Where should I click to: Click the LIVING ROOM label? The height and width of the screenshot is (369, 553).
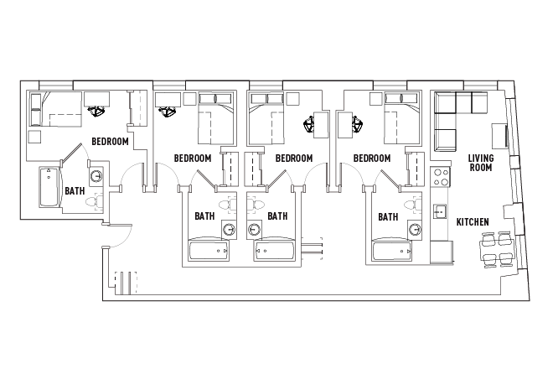(480, 163)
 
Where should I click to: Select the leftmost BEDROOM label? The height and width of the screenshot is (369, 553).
(110, 142)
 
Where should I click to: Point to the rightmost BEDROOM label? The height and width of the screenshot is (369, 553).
(372, 158)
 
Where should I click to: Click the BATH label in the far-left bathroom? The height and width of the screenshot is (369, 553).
(74, 190)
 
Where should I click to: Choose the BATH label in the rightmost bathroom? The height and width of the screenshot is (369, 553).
(387, 216)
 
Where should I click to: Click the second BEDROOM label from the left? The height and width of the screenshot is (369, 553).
(192, 158)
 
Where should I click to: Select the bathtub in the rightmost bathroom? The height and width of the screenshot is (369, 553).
(394, 251)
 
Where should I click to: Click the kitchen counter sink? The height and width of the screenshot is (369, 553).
(437, 211)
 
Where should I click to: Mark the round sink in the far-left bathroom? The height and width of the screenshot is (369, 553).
(96, 176)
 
